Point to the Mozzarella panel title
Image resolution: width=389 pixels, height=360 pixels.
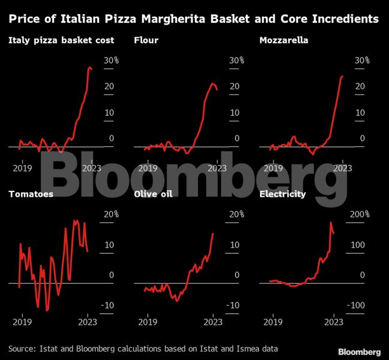point(284,41)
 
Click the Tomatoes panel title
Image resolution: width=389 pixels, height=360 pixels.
point(31,194)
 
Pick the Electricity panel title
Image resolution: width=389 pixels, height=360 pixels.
point(283,194)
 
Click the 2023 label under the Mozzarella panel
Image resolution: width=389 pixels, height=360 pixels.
point(342,168)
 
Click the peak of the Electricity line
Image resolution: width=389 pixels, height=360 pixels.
point(331,223)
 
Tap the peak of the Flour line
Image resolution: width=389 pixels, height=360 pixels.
point(212,83)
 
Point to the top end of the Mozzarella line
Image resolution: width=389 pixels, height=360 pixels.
point(342,76)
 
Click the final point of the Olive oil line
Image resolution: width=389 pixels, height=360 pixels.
point(213,233)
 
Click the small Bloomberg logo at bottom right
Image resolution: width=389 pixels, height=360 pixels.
point(359,351)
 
